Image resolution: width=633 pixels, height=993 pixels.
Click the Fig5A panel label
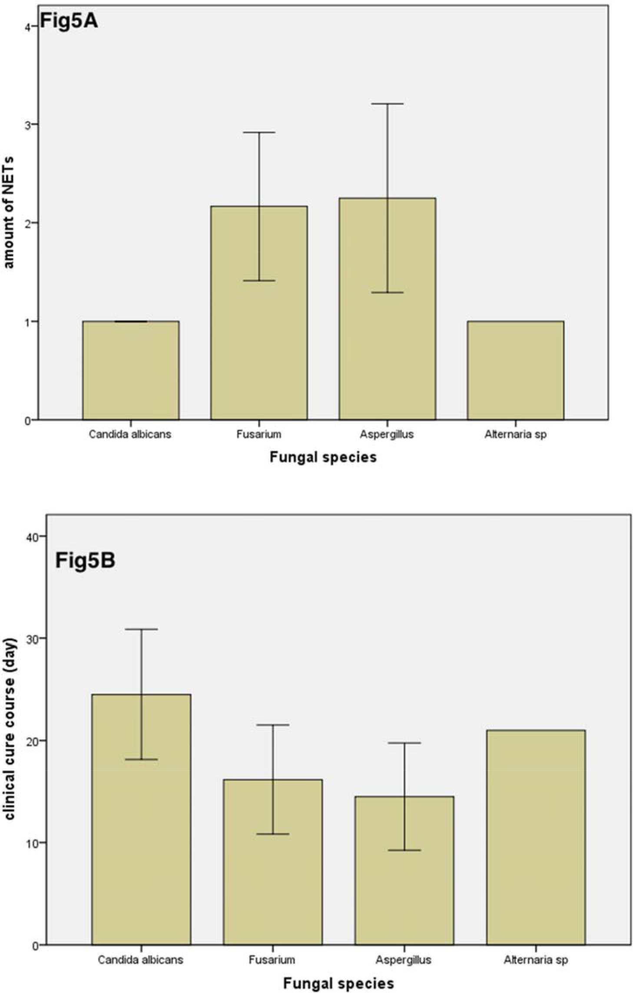coord(69,21)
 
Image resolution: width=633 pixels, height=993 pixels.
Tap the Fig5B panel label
coord(85,560)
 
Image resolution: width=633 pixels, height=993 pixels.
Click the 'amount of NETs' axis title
coord(9,213)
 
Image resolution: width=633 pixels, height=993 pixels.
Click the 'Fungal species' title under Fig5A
coord(323,457)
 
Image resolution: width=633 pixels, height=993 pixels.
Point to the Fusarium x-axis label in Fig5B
coord(272,960)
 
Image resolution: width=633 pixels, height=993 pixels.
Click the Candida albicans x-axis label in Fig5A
coord(130,434)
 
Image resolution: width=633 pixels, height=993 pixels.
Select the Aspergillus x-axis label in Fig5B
coord(404,960)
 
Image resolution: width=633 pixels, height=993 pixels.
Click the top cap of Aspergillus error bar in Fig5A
coord(387,104)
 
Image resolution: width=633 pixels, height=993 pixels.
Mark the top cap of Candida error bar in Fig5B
coord(141,629)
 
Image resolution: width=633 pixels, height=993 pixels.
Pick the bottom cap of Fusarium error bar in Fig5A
coord(259,281)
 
